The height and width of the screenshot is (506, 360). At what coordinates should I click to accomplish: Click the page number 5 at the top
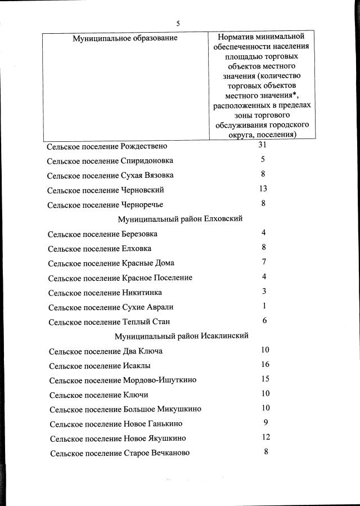178,24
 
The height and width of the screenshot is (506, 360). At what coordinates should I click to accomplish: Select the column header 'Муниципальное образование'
125,38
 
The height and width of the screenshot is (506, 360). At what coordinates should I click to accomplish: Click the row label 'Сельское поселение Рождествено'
107,146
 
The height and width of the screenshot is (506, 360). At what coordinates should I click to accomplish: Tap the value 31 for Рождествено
262,145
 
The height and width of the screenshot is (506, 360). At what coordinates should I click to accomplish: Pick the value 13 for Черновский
263,189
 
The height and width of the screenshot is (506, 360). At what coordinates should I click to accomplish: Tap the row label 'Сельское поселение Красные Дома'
111,263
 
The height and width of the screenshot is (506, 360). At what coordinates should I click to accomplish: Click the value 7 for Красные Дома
263,262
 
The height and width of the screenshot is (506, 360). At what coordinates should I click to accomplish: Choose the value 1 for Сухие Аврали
264,306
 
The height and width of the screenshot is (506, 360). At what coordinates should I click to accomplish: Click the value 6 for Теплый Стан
264,320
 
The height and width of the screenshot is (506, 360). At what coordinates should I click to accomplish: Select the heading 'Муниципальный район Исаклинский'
181,336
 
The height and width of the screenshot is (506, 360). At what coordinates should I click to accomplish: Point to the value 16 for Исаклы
265,365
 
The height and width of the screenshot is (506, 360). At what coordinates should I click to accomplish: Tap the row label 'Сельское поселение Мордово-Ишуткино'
123,380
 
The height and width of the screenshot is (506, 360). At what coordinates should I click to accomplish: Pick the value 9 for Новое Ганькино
265,423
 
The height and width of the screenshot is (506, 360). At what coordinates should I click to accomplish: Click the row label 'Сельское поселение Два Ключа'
106,351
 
